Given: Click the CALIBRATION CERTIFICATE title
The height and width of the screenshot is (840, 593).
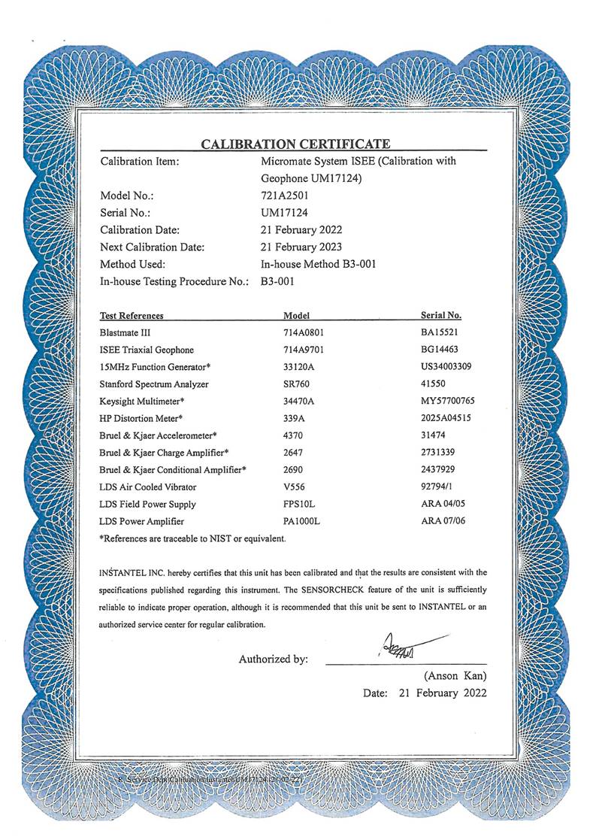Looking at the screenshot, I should (295, 144).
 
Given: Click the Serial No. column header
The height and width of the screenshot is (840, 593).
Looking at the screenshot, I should (441, 316).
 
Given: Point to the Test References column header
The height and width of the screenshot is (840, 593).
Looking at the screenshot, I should (132, 316).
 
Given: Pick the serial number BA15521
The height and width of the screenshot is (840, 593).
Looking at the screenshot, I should (441, 332).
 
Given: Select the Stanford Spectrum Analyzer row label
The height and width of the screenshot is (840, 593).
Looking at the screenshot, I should (154, 384).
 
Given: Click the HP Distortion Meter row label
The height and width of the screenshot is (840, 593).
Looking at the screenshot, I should (141, 418).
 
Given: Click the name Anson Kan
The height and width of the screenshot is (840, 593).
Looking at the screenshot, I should (455, 675).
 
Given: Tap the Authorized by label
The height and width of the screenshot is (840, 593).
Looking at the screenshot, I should (273, 659).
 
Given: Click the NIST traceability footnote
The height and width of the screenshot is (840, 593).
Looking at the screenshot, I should (192, 538).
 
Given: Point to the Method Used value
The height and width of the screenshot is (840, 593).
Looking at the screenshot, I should (318, 264).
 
